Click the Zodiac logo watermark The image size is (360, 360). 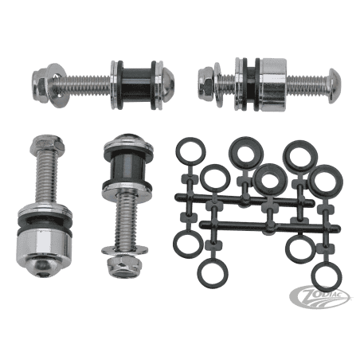(x=319, y=297)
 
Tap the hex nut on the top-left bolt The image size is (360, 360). (x=40, y=84)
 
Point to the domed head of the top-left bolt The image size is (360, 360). (x=167, y=85)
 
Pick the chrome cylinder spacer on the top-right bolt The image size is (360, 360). (x=273, y=84)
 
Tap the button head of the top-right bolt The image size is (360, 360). (x=335, y=85)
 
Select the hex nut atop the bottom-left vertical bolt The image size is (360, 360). (x=47, y=145)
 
